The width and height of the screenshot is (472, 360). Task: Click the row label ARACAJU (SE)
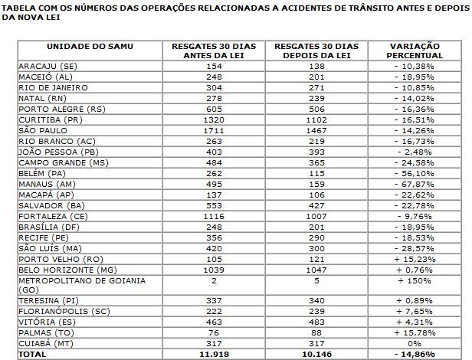click(x=47, y=67)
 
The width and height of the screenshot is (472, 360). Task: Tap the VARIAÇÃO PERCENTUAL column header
click(x=416, y=51)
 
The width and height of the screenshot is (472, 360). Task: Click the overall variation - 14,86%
click(x=416, y=355)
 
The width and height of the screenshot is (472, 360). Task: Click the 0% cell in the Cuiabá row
click(x=416, y=344)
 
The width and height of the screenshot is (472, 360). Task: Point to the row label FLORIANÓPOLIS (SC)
click(x=64, y=312)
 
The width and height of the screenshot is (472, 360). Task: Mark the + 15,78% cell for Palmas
click(x=416, y=333)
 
